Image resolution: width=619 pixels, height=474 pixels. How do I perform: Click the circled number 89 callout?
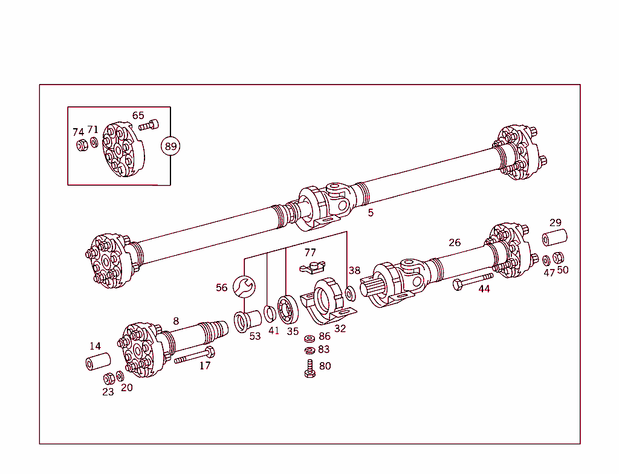(170, 146)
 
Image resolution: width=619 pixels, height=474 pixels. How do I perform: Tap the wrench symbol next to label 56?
(244, 286)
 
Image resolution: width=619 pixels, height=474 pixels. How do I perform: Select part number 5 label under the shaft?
(371, 213)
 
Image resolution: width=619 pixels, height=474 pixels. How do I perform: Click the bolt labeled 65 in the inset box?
(148, 126)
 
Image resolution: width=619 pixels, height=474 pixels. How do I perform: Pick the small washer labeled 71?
(93, 143)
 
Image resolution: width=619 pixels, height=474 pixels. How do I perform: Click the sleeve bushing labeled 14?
(97, 362)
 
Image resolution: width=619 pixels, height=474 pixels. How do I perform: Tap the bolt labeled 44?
(472, 280)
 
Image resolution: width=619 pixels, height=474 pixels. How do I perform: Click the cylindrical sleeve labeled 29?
(554, 238)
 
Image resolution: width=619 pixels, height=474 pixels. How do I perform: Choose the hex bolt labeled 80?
(309, 369)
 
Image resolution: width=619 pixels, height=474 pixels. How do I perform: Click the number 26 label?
(455, 242)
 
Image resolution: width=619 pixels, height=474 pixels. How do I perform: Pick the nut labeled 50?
(559, 257)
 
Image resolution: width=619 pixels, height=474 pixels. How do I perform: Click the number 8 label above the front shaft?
(176, 321)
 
